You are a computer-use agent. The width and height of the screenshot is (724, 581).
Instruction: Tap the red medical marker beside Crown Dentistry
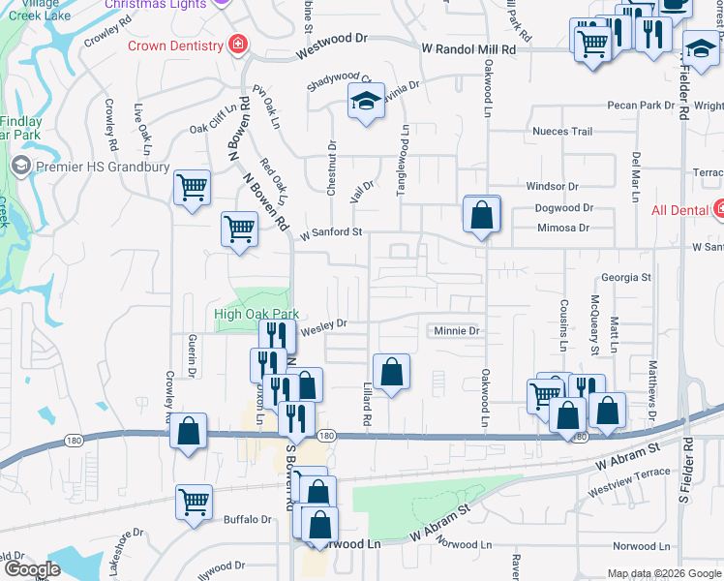(236, 45)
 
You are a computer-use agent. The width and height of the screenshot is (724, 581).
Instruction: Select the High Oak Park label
(256, 314)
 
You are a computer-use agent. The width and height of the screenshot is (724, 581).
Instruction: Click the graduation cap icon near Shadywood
(366, 102)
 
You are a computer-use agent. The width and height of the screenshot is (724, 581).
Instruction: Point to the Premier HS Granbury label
(103, 167)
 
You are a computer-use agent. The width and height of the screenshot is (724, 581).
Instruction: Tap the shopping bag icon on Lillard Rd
(391, 372)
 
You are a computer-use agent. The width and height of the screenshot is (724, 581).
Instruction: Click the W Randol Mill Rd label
(475, 48)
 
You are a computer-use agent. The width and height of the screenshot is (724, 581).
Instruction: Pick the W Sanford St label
(330, 232)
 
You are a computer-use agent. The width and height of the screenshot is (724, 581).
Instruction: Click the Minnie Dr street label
(457, 331)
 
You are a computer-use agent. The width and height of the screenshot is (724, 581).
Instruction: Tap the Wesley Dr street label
(323, 327)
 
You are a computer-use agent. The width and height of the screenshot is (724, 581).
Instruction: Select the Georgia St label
(625, 277)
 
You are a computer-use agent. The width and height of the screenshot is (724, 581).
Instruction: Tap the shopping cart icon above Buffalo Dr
(195, 503)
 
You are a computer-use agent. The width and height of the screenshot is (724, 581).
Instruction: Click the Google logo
(31, 569)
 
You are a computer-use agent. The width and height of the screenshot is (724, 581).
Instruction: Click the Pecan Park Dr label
(640, 105)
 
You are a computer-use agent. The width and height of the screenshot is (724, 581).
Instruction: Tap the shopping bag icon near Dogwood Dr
(481, 214)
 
